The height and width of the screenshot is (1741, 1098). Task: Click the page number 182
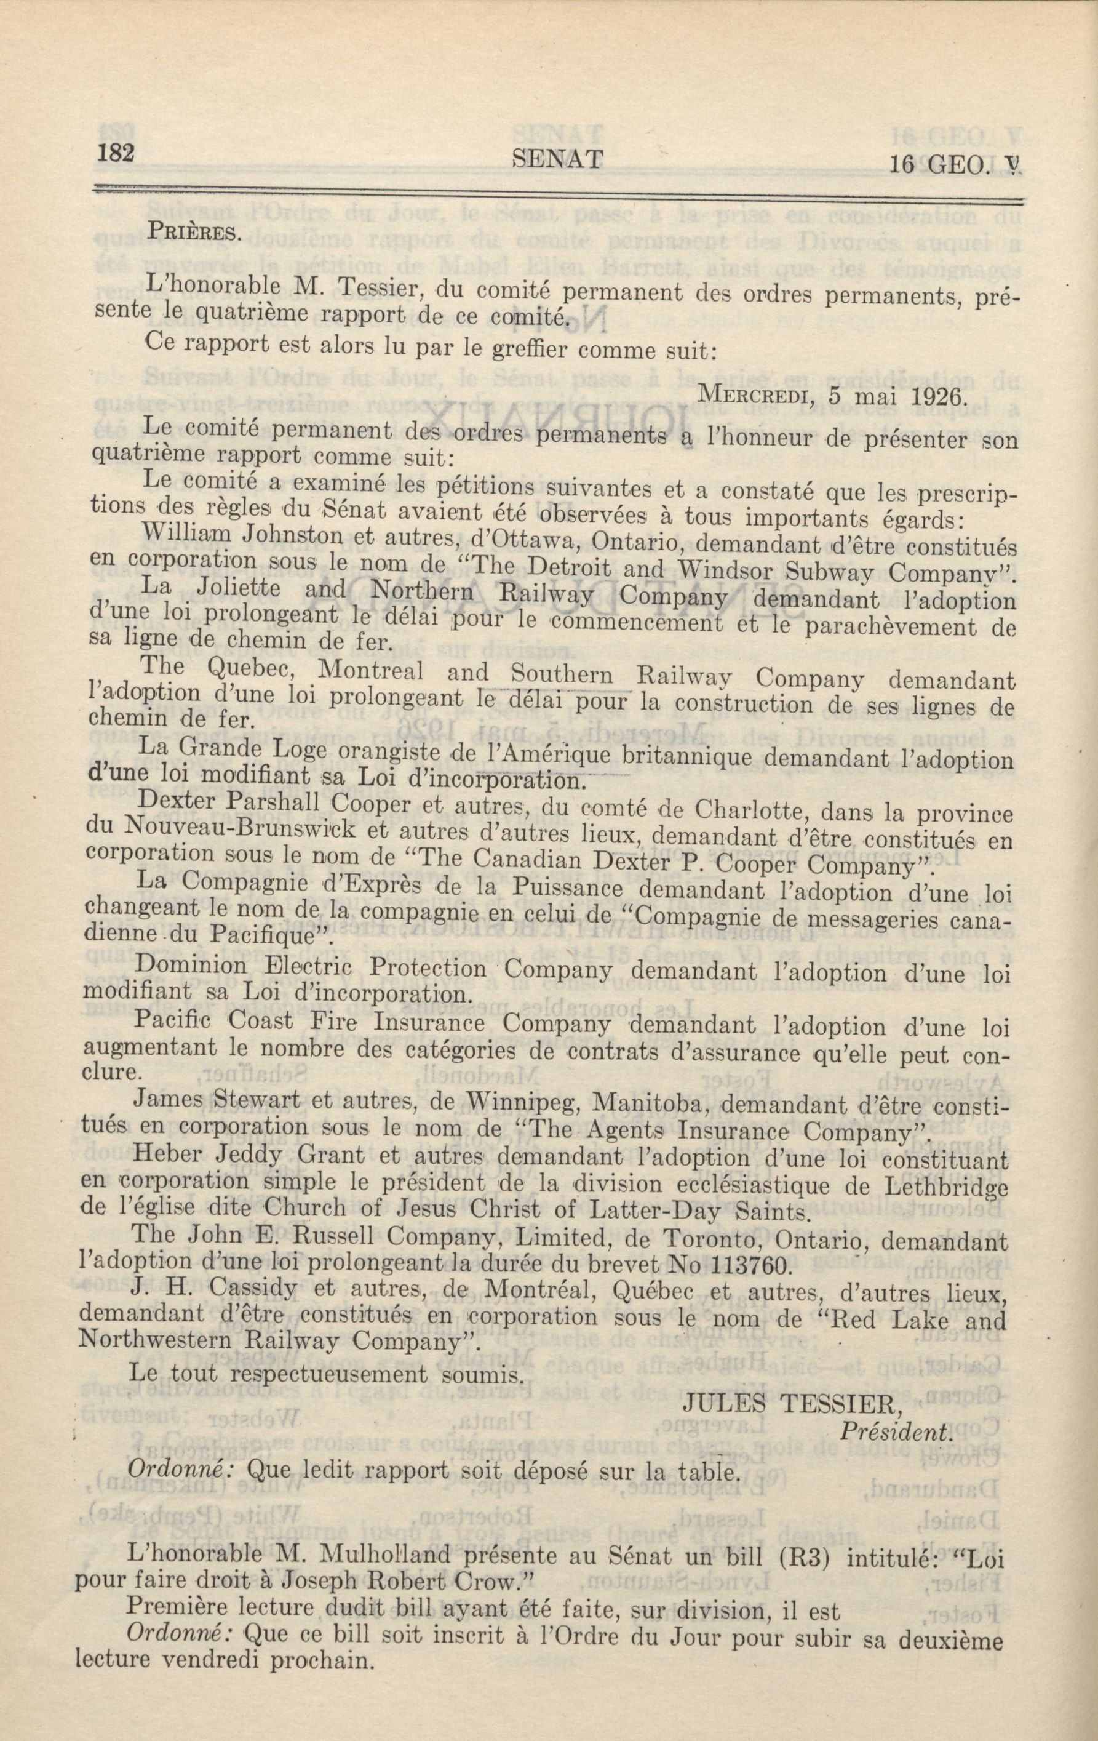pyautogui.click(x=115, y=154)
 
